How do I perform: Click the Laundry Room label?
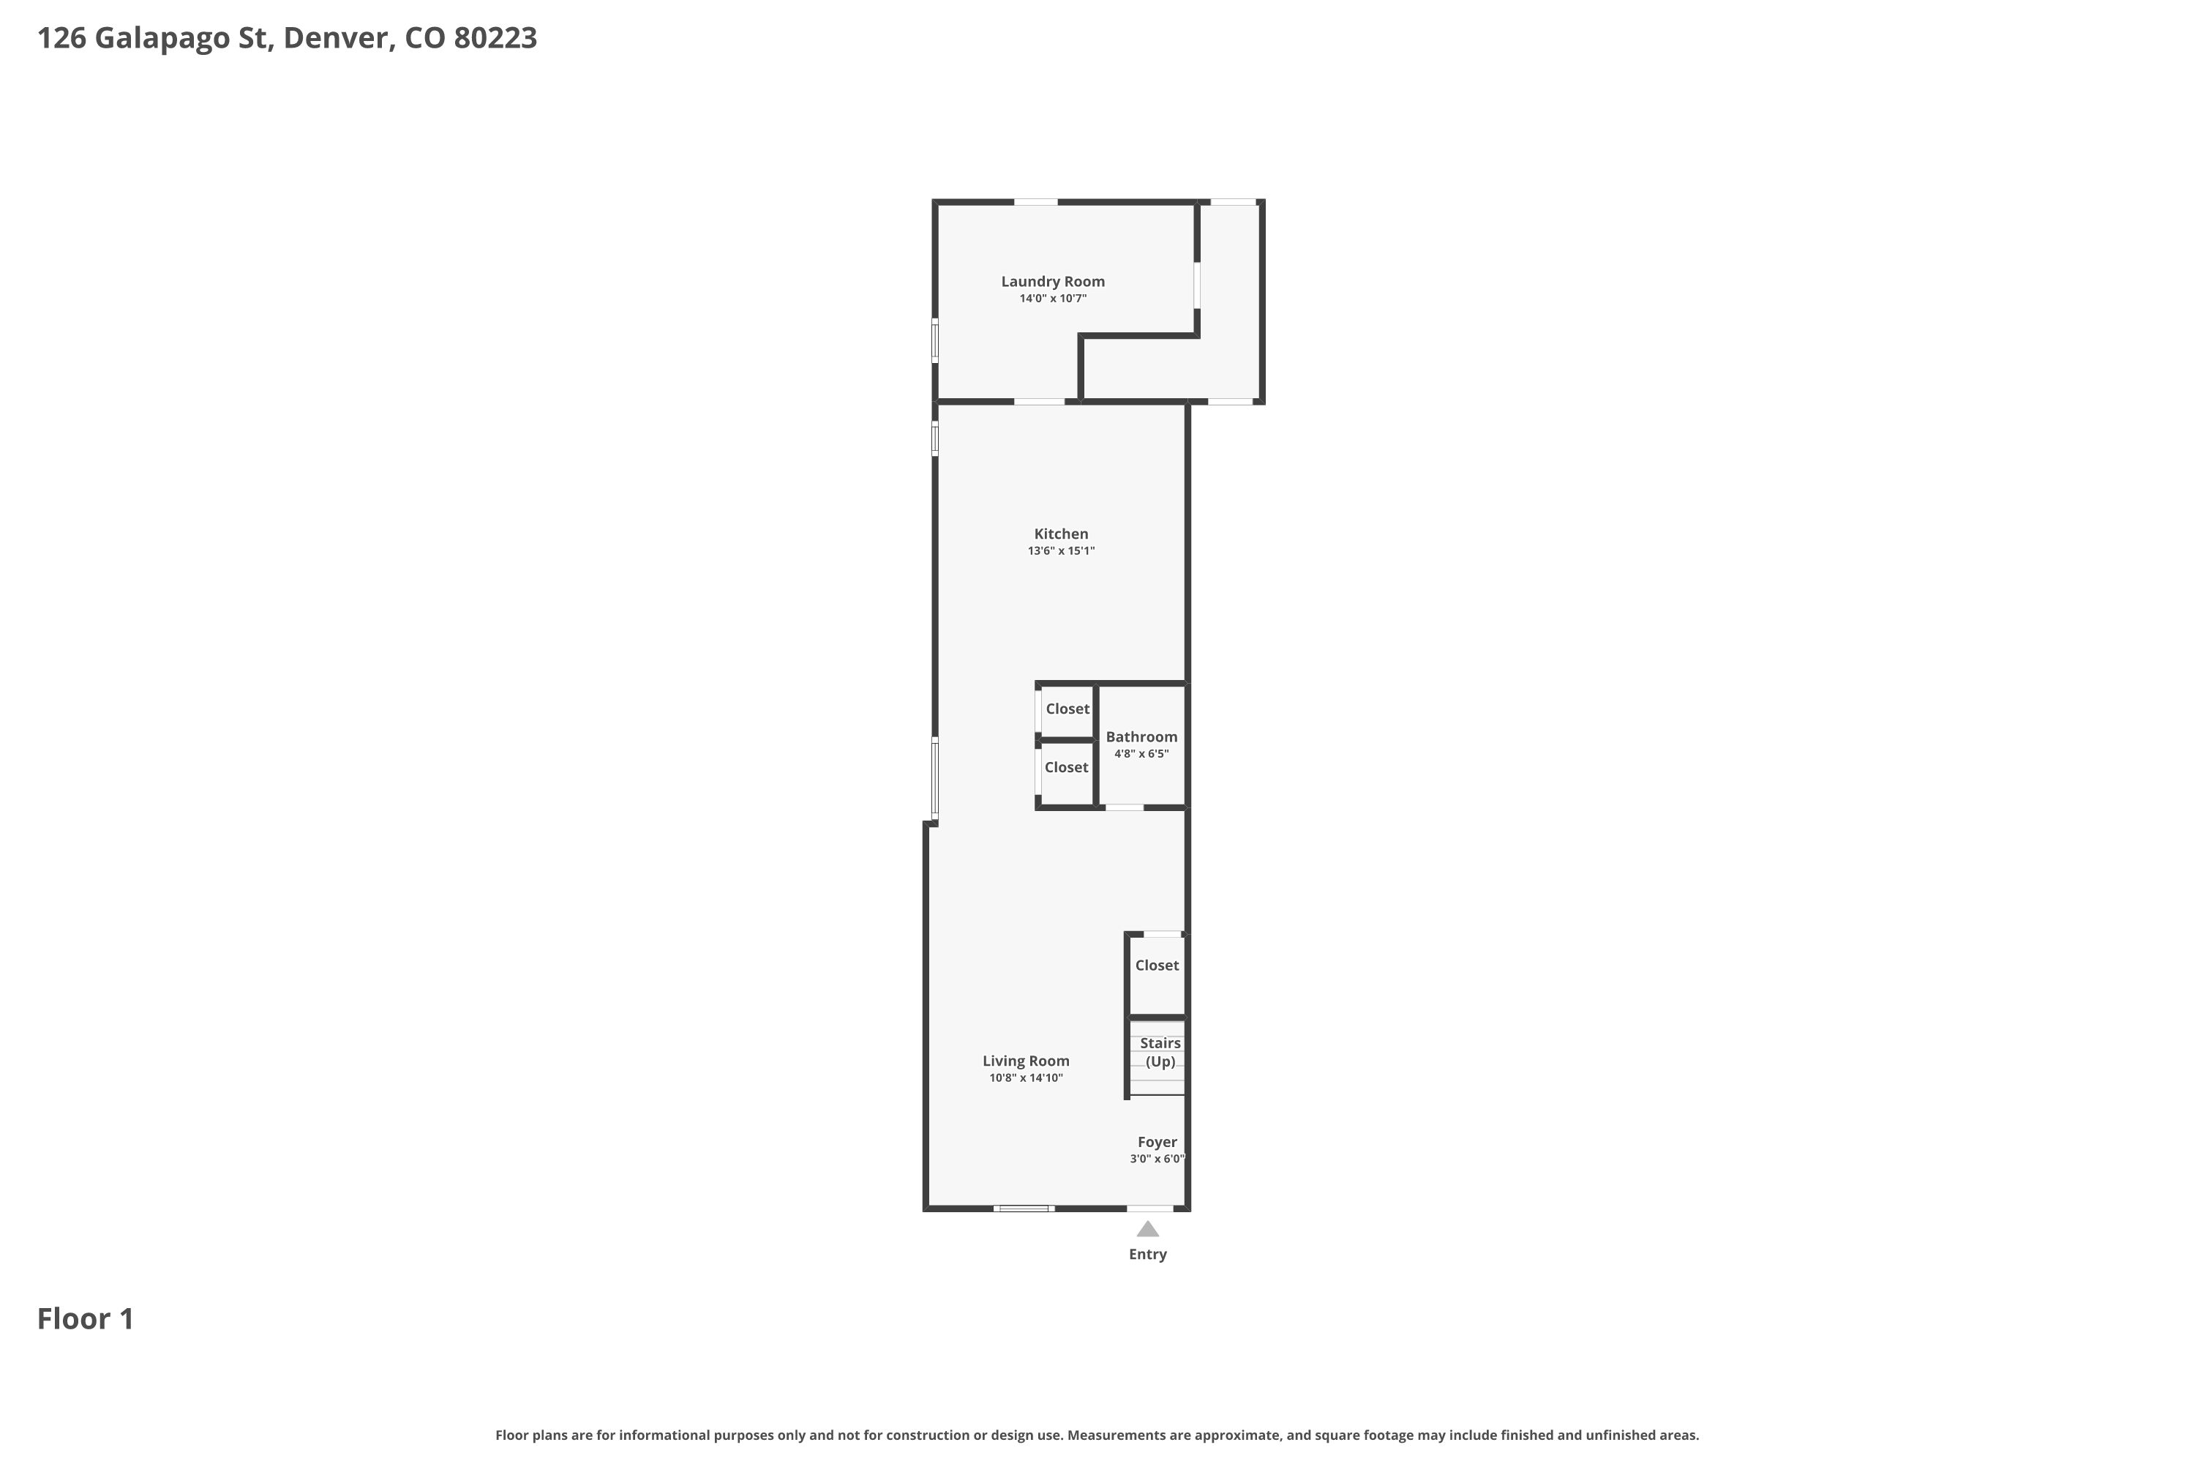point(1053,281)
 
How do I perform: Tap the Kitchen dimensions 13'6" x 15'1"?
point(1061,551)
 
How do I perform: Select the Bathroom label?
point(1141,736)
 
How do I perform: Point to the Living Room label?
point(1026,1061)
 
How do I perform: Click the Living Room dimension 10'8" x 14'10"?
point(1026,1078)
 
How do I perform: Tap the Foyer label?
point(1157,1142)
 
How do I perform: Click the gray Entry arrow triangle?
point(1148,1230)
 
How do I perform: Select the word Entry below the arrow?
point(1148,1254)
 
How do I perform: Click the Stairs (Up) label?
point(1160,1053)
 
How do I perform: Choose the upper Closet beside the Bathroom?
point(1068,709)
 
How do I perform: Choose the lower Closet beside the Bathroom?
point(1067,767)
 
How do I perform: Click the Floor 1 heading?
point(86,1318)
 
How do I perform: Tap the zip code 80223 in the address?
point(495,37)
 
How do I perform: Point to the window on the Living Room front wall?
point(1024,1209)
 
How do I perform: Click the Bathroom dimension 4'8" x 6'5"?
point(1141,753)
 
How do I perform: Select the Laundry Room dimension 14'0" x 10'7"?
point(1053,299)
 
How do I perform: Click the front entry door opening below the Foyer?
point(1149,1209)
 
